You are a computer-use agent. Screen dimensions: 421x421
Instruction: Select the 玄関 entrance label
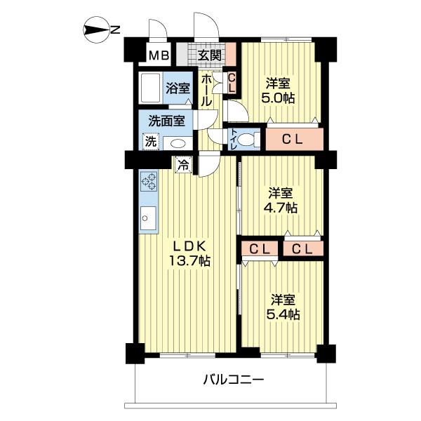(209, 55)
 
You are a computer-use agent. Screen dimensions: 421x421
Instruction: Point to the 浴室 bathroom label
(178, 88)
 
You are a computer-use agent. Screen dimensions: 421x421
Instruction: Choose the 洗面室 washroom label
(166, 119)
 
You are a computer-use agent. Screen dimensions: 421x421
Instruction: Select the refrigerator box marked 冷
(182, 166)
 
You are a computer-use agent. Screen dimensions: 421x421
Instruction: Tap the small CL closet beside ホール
(232, 82)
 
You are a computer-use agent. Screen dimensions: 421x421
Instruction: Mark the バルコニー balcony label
(234, 380)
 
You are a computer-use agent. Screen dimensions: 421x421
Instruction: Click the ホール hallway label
(207, 91)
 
